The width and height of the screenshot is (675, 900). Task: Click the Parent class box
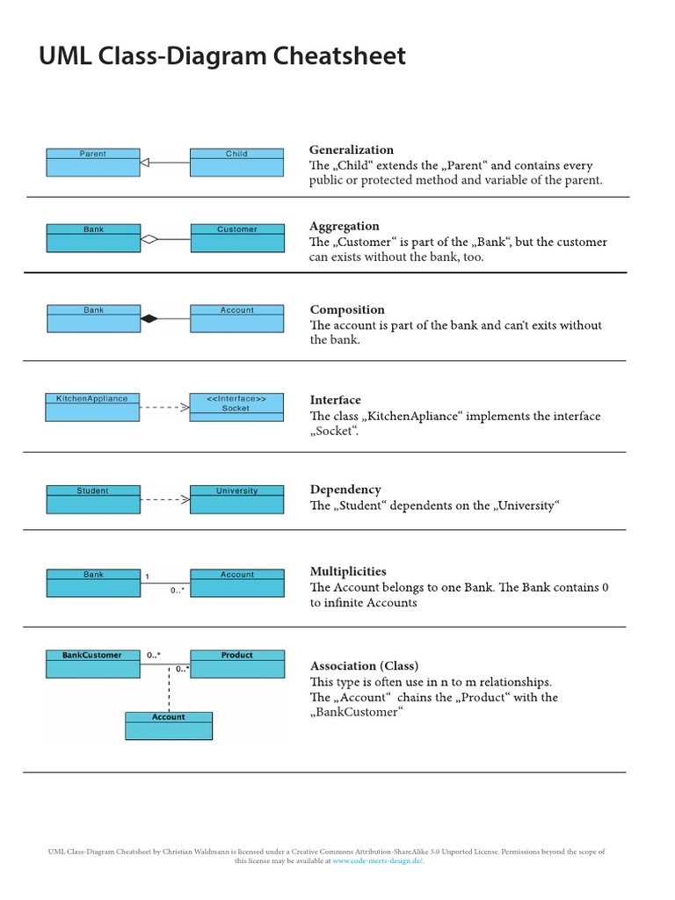[92, 162]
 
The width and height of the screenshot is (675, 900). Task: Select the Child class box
[236, 162]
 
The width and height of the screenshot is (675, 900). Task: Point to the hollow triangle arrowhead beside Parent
[146, 162]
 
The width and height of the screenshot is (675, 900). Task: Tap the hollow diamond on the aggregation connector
[149, 238]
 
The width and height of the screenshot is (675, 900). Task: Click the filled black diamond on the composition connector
[149, 318]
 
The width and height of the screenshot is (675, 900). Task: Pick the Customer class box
[236, 238]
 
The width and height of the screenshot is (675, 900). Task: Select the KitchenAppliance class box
[92, 407]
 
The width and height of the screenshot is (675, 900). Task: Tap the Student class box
[92, 499]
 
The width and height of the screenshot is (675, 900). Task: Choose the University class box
[236, 499]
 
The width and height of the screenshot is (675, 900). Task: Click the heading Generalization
[352, 150]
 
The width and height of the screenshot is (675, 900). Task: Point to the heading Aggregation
[345, 226]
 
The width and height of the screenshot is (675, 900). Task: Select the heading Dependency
[345, 490]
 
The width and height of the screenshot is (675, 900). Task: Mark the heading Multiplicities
[348, 571]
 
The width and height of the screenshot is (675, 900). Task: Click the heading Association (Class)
[364, 665]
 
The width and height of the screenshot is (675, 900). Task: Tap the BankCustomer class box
[92, 664]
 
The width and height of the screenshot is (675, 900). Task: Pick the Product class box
[236, 664]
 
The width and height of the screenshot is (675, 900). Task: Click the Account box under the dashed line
[169, 725]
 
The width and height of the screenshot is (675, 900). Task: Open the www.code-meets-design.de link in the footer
[378, 861]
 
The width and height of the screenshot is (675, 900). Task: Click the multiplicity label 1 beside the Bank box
[147, 577]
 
